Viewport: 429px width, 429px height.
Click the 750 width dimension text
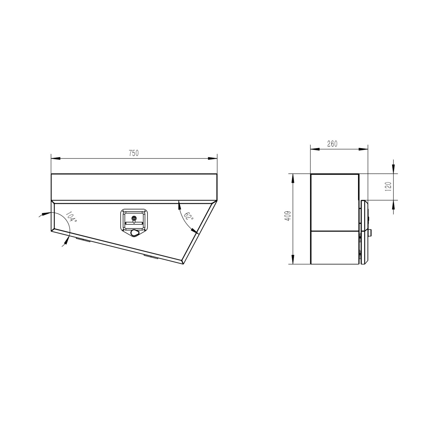(x=134, y=153)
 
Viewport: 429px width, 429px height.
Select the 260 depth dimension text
(x=332, y=144)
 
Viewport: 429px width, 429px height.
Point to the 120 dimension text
(x=389, y=186)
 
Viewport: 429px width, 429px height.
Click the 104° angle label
(x=71, y=218)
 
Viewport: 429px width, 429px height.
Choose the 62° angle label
(x=189, y=216)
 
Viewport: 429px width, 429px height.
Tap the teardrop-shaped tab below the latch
(x=135, y=233)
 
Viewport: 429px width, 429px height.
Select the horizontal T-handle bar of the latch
(x=134, y=223)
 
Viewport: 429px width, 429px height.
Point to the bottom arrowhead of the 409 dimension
(x=294, y=261)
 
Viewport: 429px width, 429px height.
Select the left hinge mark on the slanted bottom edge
(x=83, y=240)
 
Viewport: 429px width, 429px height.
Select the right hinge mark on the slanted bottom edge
(x=151, y=257)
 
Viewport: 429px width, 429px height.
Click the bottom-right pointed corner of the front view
(x=183, y=264)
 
